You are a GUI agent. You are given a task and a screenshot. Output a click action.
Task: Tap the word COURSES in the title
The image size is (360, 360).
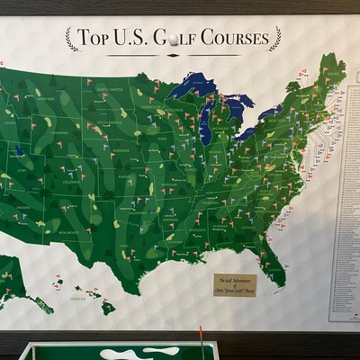pos(231,38)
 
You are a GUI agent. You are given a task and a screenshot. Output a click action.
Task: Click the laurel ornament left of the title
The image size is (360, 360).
pos(69,38)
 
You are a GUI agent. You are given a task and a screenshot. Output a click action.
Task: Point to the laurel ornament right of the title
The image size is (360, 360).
pos(274,38)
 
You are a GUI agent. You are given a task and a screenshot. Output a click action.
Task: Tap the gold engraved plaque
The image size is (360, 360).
pos(235,283)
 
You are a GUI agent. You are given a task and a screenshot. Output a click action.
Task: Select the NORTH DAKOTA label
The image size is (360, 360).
pos(110,90)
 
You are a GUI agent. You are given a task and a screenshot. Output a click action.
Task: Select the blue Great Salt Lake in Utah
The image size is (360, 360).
pos(19,151)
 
